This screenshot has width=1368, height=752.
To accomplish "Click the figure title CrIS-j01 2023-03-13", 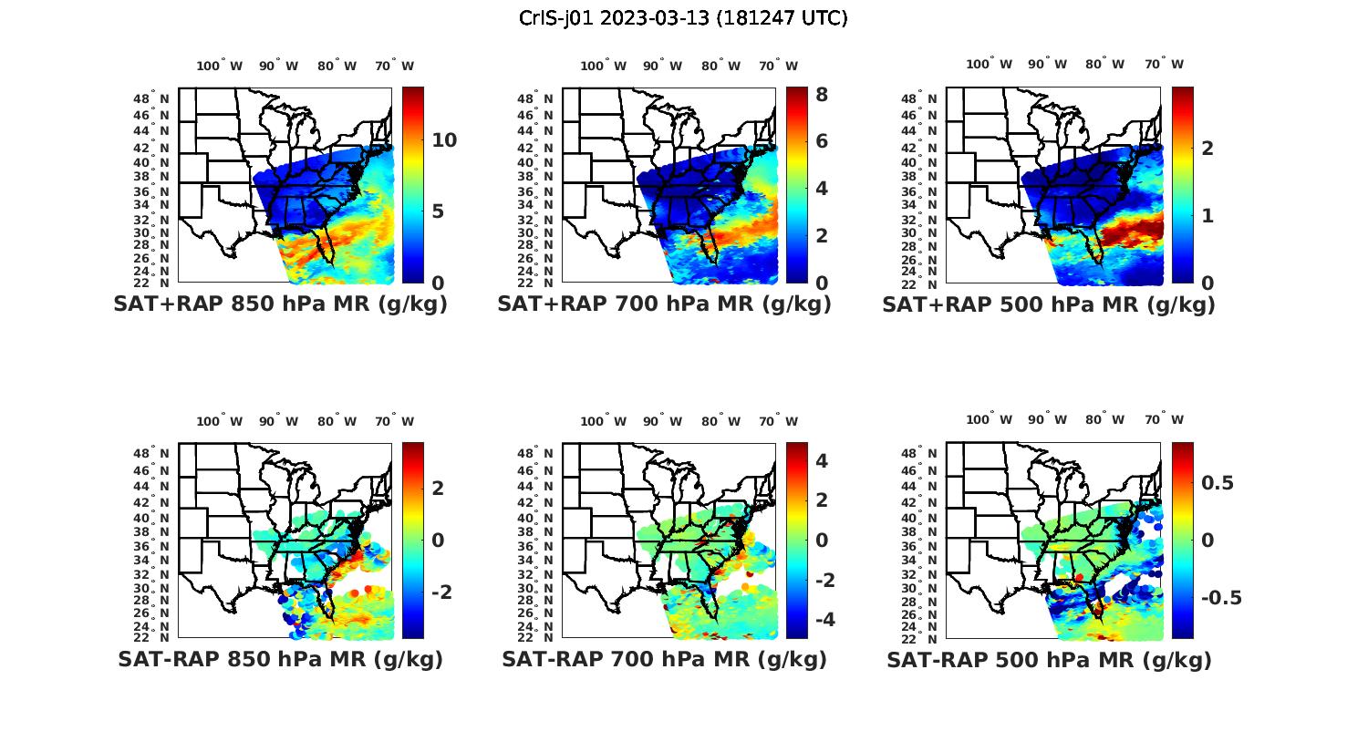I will (683, 18).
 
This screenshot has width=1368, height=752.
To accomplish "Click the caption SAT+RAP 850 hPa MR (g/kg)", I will (280, 304).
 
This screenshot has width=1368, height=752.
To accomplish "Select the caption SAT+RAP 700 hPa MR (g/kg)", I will (664, 304).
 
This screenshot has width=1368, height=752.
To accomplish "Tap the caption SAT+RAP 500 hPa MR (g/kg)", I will (1049, 304).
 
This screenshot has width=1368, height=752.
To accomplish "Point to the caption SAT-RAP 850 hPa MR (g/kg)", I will (280, 659).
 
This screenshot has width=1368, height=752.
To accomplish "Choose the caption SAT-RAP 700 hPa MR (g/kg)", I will (664, 659).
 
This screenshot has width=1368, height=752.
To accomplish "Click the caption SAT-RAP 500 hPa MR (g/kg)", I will (1049, 659).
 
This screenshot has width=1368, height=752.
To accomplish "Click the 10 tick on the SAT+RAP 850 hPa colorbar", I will (444, 140).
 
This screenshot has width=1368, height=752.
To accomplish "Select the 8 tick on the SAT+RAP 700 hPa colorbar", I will (821, 94).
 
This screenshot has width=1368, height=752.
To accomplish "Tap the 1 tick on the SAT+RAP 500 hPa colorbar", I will (1207, 216).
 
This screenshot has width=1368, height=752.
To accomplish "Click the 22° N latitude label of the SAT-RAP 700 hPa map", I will (536, 636).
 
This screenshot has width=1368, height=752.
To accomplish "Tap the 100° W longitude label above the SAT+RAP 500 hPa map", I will (989, 64).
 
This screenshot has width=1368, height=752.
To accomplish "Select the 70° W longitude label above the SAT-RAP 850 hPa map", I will (394, 421).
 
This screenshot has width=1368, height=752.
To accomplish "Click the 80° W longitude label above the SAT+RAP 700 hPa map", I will (720, 66).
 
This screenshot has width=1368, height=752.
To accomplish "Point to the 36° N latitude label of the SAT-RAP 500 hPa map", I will (920, 546).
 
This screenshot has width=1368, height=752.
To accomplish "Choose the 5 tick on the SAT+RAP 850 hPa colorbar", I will (439, 211).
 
